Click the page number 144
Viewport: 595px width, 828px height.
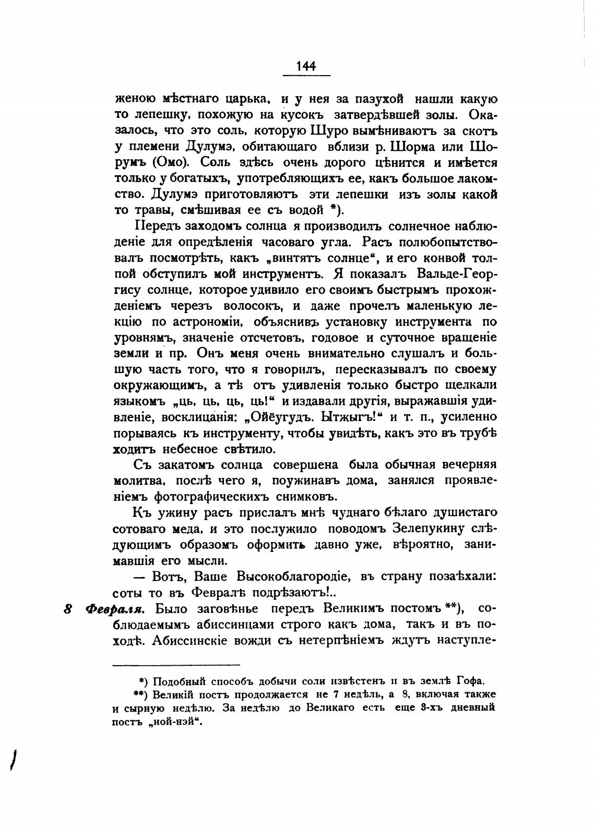(306, 66)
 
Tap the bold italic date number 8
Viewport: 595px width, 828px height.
(68, 609)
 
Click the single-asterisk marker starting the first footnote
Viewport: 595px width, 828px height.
(141, 681)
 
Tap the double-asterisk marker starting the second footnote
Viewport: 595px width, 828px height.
(139, 694)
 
